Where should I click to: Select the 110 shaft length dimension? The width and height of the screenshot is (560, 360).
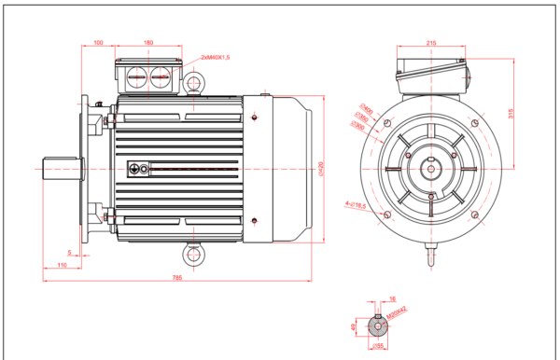pyautogui.click(x=62, y=266)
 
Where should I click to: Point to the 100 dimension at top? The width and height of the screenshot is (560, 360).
pyautogui.click(x=98, y=43)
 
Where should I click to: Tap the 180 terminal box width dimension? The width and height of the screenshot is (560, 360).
pyautogui.click(x=148, y=43)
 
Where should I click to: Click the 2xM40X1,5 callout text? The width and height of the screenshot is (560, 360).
pyautogui.click(x=215, y=57)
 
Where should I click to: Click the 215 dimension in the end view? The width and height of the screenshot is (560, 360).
pyautogui.click(x=431, y=43)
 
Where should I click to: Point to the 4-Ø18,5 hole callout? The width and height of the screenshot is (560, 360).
pyautogui.click(x=356, y=204)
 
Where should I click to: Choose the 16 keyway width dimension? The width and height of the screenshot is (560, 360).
pyautogui.click(x=391, y=300)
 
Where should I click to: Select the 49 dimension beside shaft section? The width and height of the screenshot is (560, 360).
pyautogui.click(x=353, y=326)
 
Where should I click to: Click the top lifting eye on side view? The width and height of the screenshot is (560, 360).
pyautogui.click(x=193, y=84)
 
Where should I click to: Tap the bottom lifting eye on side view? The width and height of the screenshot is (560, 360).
pyautogui.click(x=193, y=254)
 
